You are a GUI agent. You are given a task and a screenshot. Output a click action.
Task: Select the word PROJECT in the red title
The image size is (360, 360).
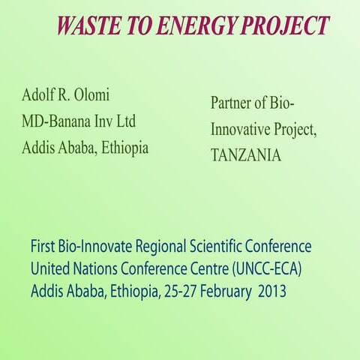tap(286, 25)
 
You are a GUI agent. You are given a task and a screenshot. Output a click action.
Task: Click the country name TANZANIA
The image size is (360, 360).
tap(246, 155)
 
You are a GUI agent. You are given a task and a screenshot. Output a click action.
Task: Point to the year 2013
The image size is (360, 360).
tap(271, 290)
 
